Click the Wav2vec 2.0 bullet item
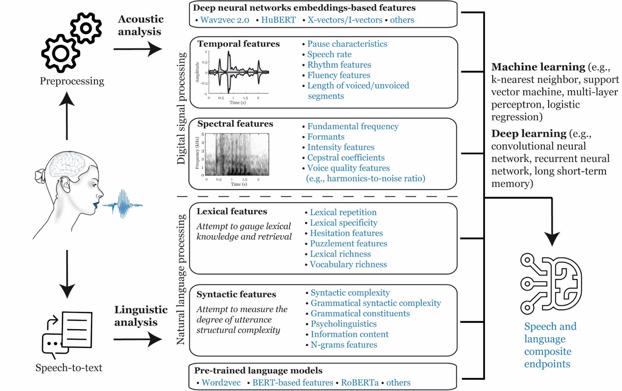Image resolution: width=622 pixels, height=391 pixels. tap(225, 20)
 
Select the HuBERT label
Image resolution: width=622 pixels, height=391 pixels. tap(278, 20)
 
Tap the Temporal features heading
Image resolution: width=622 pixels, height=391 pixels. tap(238, 44)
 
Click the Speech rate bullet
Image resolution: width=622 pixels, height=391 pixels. tap(329, 54)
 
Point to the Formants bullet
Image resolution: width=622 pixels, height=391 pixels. tap(325, 137)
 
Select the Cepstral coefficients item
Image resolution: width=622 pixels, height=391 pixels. tap(346, 158)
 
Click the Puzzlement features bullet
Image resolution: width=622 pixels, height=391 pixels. tap(348, 244)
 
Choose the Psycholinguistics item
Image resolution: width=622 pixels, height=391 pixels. tap(343, 324)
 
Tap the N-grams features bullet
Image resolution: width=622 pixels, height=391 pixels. tap(344, 345)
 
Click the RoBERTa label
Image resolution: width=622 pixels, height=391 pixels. tap(359, 383)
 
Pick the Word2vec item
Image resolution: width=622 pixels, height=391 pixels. tap(221, 383)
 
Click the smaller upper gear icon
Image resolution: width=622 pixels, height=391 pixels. tap(86, 28)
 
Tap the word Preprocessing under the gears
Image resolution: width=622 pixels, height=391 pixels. tap(72, 81)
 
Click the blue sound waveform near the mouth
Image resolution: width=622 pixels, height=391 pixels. tap(123, 204)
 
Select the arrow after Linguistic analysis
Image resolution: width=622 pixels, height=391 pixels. tap(138, 339)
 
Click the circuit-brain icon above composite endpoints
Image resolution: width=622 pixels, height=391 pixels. tap(551, 284)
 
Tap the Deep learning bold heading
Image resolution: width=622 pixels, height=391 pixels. tap(529, 134)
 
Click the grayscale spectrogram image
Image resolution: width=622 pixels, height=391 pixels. tap(237, 154)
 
